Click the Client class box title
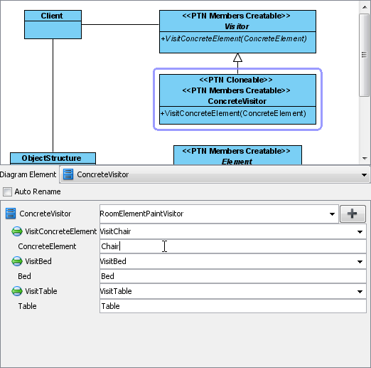click(52, 16)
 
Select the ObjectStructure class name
click(51, 158)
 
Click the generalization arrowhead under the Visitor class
click(237, 58)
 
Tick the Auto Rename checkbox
click(7, 191)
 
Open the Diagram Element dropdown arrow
click(364, 175)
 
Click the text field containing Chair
click(233, 246)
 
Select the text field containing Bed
click(233, 276)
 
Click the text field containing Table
click(233, 306)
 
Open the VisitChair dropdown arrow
click(360, 231)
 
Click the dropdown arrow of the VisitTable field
click(360, 291)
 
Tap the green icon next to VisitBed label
click(17, 261)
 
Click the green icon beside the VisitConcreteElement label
click(17, 231)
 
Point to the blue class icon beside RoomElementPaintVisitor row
click(11, 214)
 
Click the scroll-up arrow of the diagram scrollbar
click(365, 7)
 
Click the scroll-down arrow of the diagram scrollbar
click(365, 158)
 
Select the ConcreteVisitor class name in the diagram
click(237, 101)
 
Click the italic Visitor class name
click(237, 26)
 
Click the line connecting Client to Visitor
click(120, 24)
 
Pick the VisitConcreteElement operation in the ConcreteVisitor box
click(233, 113)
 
